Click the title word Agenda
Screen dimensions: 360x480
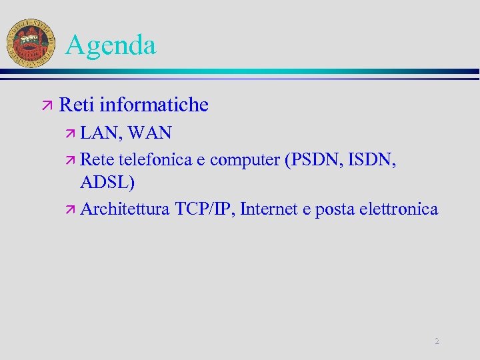(x=111, y=45)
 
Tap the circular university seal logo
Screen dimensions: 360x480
(x=30, y=42)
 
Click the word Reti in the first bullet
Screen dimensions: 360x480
(x=76, y=105)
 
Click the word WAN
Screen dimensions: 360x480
(x=150, y=133)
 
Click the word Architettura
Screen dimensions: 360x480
(x=125, y=209)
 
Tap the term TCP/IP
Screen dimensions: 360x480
(x=204, y=209)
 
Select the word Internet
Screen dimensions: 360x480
(x=269, y=209)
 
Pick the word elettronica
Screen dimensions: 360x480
(x=399, y=209)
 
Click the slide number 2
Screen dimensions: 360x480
(x=437, y=341)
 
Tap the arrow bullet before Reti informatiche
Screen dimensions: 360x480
(x=46, y=105)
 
